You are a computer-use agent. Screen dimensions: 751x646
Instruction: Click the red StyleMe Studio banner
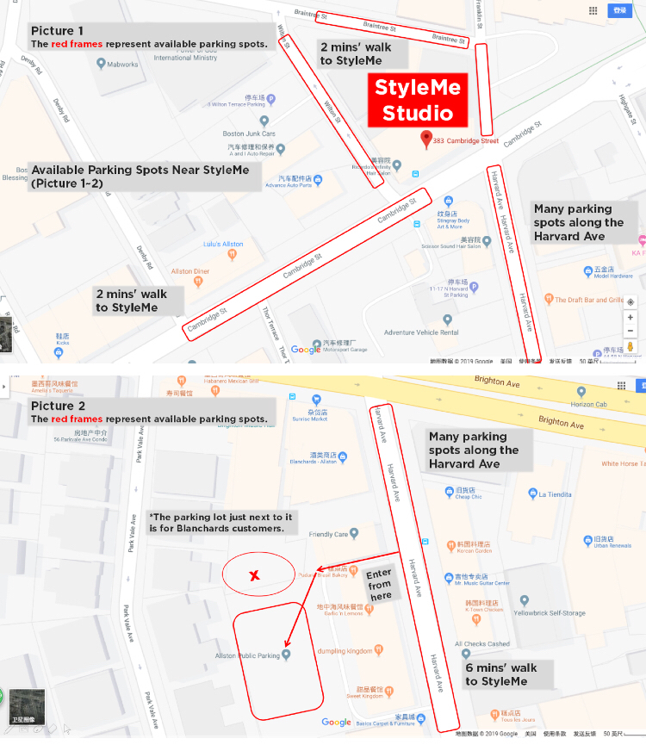click(417, 100)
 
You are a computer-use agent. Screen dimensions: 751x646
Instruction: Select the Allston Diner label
click(189, 271)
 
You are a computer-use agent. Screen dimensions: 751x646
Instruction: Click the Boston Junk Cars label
click(249, 133)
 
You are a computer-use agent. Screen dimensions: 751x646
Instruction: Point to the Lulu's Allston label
click(223, 245)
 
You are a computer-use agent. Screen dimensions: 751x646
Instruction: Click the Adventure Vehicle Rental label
click(420, 332)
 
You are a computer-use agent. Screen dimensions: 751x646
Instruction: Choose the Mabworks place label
click(121, 64)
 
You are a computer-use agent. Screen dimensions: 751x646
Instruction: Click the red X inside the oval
click(254, 575)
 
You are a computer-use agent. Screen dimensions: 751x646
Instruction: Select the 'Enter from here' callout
click(379, 584)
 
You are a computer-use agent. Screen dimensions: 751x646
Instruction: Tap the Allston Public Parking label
click(248, 655)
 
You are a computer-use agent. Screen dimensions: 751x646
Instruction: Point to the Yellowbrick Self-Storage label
click(549, 613)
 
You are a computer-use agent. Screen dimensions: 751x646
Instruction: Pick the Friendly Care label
click(328, 534)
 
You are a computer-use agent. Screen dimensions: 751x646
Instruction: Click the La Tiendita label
click(555, 494)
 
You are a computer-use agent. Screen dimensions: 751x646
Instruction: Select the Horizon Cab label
click(588, 404)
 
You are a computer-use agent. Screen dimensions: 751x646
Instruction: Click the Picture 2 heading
click(58, 406)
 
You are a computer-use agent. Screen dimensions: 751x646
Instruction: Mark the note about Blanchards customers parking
click(221, 522)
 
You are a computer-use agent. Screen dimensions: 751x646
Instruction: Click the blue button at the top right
click(618, 10)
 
